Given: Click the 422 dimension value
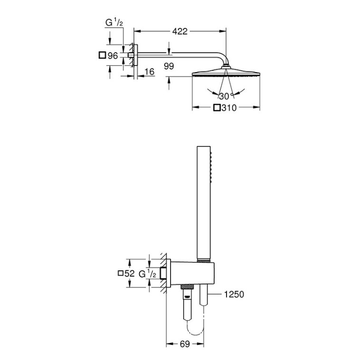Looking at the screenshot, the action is click(x=180, y=31).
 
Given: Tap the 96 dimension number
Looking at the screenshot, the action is click(x=113, y=55).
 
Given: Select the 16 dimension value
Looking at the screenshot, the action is click(x=150, y=72).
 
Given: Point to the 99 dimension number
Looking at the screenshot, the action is click(x=169, y=66).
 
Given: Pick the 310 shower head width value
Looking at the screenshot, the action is click(x=229, y=108).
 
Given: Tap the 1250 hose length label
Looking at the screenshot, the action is click(x=234, y=295).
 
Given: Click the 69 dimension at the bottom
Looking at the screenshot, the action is click(x=185, y=344).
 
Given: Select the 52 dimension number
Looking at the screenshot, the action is click(x=130, y=274).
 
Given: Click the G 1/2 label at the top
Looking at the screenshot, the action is click(x=114, y=23).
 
